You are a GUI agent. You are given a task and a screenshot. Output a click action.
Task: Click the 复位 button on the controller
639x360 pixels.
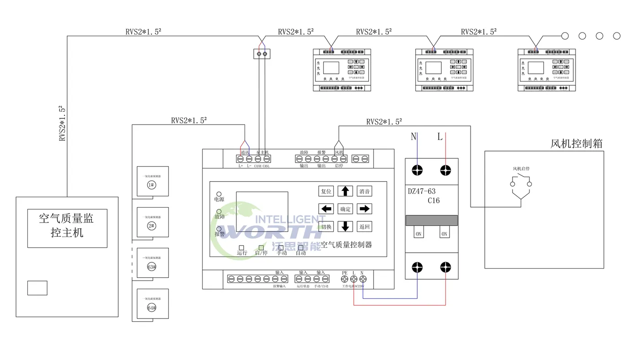point(326,191)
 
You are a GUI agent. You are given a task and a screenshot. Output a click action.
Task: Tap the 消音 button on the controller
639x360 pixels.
point(364,191)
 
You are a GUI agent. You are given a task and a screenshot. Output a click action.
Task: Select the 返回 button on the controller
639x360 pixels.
point(364,226)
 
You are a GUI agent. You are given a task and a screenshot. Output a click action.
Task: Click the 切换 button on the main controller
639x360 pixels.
point(326,226)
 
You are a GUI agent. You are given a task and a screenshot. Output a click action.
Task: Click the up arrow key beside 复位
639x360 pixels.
point(345,191)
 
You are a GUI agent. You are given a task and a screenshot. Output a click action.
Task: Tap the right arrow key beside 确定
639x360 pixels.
point(364,209)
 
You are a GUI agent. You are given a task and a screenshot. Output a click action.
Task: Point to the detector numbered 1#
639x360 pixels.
point(152,185)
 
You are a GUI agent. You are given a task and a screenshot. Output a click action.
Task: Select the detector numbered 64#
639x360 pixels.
point(152,308)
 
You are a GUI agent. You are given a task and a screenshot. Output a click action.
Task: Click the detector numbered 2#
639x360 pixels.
point(152,226)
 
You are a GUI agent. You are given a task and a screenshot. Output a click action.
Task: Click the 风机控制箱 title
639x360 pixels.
point(576,144)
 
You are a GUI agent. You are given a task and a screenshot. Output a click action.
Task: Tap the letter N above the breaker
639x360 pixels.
point(414,136)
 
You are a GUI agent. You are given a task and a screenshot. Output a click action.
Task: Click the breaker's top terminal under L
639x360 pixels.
point(445,171)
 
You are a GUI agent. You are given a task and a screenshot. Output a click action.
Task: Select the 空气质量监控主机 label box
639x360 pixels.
point(67,228)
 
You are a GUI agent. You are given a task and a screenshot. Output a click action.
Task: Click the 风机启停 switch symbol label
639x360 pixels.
point(521,169)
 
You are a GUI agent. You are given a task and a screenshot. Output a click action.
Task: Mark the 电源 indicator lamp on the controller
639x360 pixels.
point(219,194)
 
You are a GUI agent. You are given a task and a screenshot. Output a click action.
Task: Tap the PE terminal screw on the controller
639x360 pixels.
point(345,280)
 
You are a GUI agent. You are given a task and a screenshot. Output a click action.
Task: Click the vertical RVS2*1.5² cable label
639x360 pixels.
point(63,123)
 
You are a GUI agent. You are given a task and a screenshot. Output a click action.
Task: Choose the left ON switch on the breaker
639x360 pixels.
point(418,234)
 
